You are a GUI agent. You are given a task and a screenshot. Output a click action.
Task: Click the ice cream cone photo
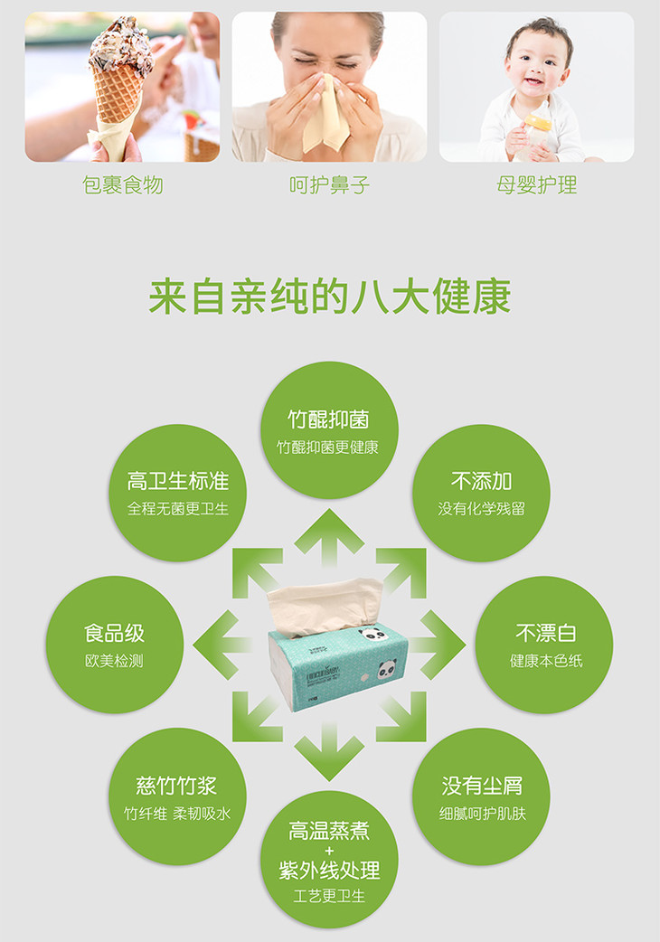[x=122, y=87]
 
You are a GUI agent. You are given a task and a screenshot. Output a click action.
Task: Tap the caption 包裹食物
[x=123, y=185]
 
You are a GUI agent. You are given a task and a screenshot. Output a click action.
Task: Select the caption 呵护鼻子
[x=329, y=185]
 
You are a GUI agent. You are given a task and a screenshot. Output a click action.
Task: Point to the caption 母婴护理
[x=536, y=185]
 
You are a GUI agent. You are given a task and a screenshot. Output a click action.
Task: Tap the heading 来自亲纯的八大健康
[x=330, y=297]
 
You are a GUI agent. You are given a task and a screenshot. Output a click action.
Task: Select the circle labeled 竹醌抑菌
[x=329, y=430]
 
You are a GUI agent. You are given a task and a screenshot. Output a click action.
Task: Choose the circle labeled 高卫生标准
[x=178, y=494]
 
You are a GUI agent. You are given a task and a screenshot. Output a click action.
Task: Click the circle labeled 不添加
[x=481, y=494]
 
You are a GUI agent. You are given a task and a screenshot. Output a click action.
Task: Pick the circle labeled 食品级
[x=115, y=645]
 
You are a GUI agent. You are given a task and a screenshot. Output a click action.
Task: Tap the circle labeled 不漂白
[x=544, y=645]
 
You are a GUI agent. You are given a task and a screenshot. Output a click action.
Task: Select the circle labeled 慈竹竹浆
[x=178, y=796]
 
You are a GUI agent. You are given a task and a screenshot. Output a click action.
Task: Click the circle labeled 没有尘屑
[x=481, y=796]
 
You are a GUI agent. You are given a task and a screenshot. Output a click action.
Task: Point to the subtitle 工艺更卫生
[x=329, y=896]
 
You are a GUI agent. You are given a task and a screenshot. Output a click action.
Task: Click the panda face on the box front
[x=387, y=668]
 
